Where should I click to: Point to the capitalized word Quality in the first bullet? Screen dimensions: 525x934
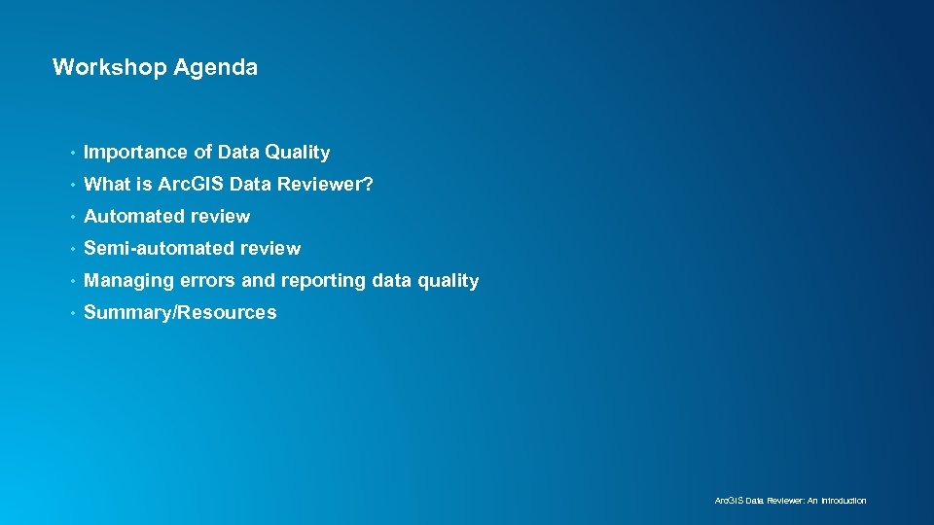coord(298,153)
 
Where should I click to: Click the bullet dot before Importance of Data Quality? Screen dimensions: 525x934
coord(72,153)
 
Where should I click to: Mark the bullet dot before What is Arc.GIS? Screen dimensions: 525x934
coord(72,185)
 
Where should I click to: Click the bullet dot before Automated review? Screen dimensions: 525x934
coord(72,217)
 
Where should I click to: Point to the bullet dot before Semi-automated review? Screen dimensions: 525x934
coord(72,249)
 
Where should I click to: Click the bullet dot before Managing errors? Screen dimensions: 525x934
coord(72,281)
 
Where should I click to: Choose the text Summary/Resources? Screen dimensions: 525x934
coord(180,313)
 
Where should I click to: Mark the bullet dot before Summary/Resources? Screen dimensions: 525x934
coord(72,313)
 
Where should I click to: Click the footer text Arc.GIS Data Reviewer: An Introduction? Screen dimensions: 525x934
coord(790,501)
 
